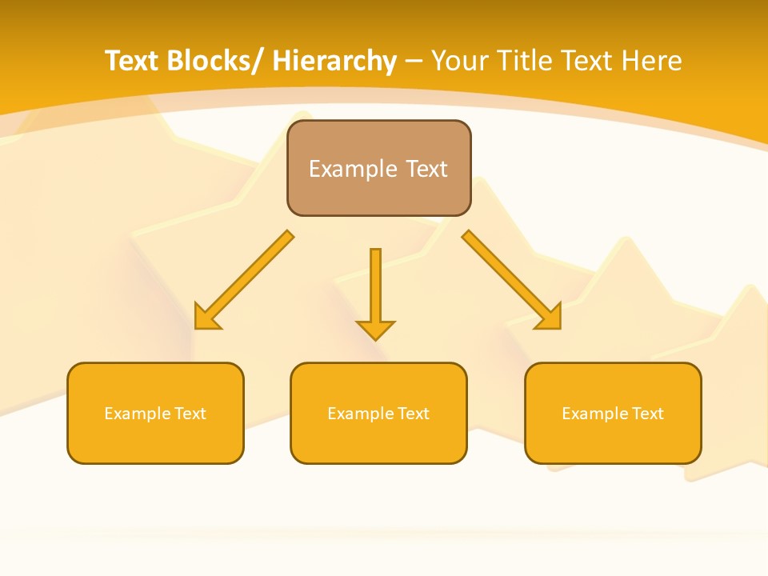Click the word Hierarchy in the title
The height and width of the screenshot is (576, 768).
pyautogui.click(x=334, y=62)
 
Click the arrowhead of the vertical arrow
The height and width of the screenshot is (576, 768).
pyautogui.click(x=375, y=329)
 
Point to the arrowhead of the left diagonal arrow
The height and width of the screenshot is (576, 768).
pyautogui.click(x=206, y=318)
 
